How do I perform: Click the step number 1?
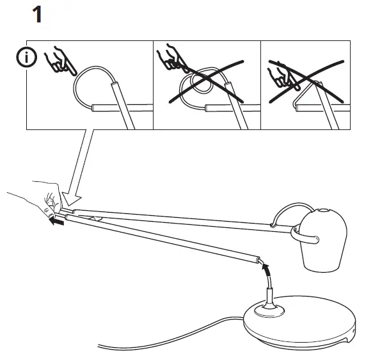tap(37, 14)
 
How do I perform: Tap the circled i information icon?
tap(26, 58)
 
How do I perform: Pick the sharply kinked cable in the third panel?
tap(301, 93)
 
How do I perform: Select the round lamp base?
tap(301, 320)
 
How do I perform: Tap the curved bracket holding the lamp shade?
tap(307, 237)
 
